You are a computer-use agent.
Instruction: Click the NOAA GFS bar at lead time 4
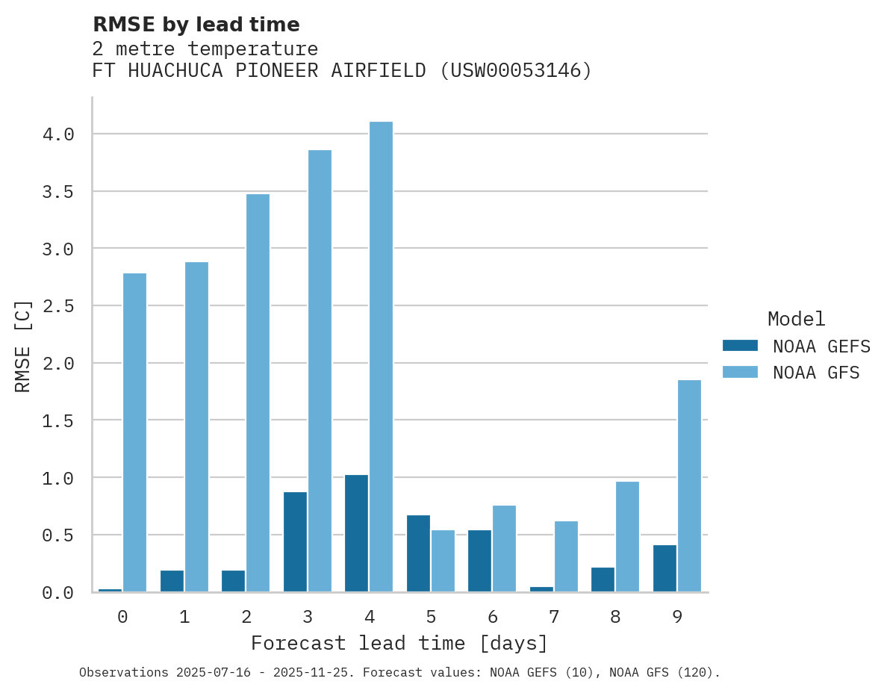[x=381, y=357]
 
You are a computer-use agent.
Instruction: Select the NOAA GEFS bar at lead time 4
[x=356, y=533]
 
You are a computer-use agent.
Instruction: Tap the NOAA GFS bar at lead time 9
[x=689, y=486]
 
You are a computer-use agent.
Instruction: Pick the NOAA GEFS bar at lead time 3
[x=295, y=542]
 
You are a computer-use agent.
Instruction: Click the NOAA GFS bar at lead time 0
[x=134, y=432]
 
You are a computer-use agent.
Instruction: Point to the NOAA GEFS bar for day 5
[x=418, y=553]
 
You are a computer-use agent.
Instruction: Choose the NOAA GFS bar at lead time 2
[x=258, y=393]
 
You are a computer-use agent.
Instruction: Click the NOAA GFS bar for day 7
[x=566, y=556]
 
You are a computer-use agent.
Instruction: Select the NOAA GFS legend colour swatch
[x=740, y=372]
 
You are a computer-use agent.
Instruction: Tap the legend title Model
[x=796, y=319]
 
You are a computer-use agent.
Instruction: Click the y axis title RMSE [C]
[x=23, y=345]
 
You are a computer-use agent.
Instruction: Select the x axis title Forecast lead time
[x=399, y=643]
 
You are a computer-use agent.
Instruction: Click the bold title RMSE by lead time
[x=196, y=25]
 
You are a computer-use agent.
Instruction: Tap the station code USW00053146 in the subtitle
[x=516, y=71]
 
